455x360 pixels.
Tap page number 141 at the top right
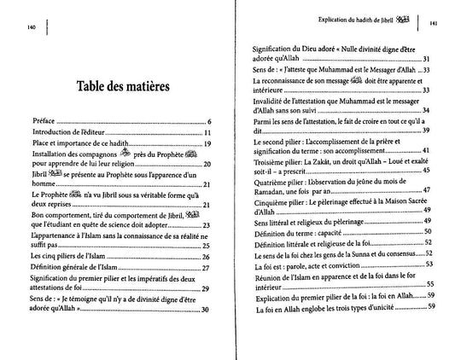[x=434, y=25]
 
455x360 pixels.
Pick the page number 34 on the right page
[x=426, y=111]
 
